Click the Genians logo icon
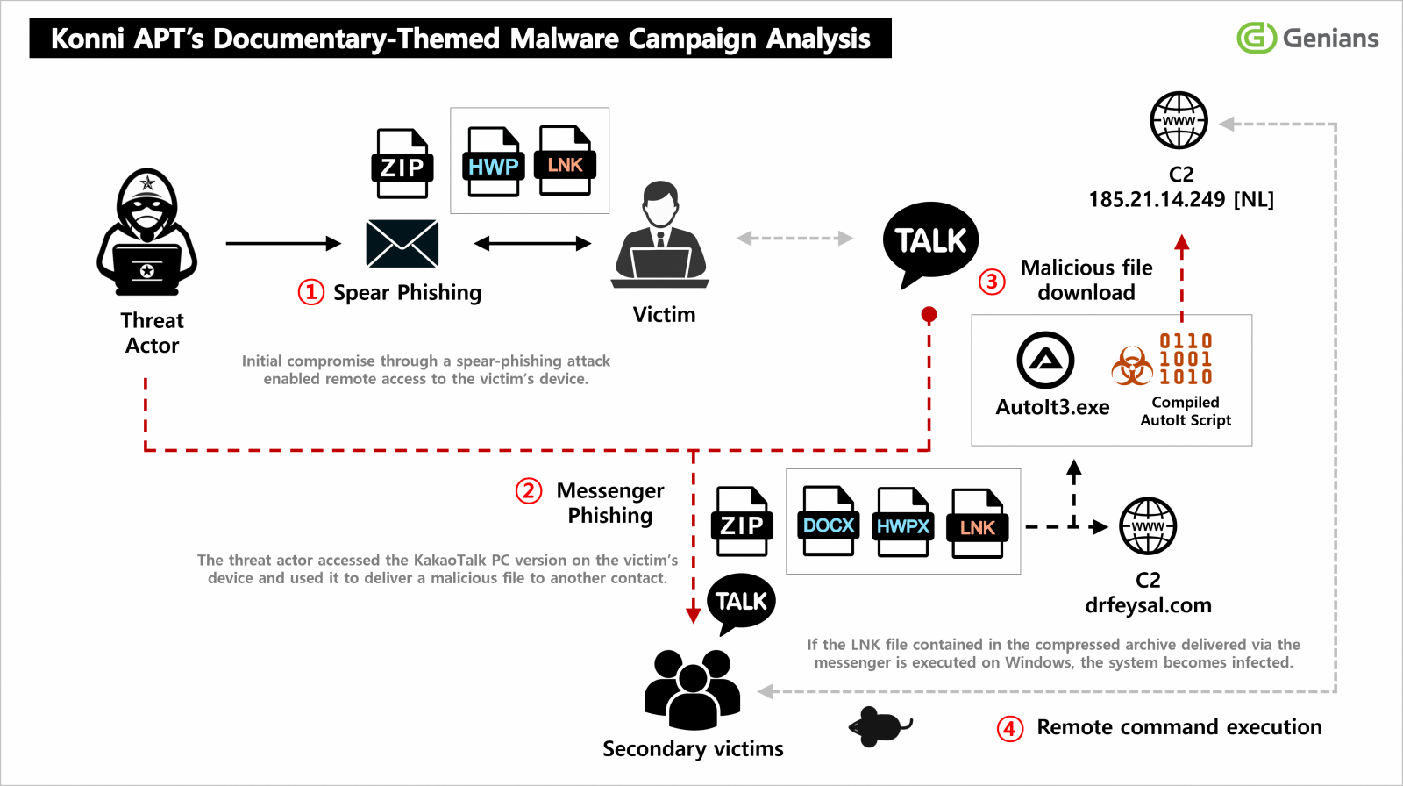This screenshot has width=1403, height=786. tap(1256, 38)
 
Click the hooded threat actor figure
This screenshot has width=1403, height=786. tap(147, 232)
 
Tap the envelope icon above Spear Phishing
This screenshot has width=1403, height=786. tap(402, 243)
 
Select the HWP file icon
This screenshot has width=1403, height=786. tap(493, 162)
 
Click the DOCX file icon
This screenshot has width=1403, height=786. tap(828, 522)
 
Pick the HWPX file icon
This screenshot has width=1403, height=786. tap(902, 523)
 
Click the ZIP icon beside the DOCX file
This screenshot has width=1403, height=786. tap(742, 522)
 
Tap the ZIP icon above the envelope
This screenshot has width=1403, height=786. tap(402, 164)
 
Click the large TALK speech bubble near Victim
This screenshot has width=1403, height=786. tap(929, 241)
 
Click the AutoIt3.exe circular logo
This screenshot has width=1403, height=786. tap(1045, 361)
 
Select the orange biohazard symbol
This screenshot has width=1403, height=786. tap(1132, 367)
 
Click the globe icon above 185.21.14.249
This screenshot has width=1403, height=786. tap(1179, 120)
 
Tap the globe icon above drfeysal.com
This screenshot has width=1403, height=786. tap(1148, 526)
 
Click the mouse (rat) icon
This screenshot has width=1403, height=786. tap(880, 726)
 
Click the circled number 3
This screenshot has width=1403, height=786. tap(992, 282)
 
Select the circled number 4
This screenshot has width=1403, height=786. tap(1010, 728)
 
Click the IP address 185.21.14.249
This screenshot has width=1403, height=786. tap(1157, 200)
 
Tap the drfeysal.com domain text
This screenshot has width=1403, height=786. tap(1148, 605)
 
